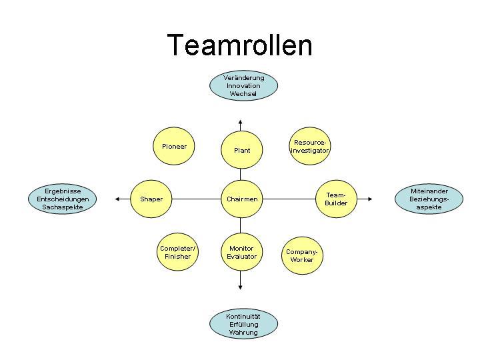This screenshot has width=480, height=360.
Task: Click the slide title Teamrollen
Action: coord(239,45)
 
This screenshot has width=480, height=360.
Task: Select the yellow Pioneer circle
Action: coord(174,146)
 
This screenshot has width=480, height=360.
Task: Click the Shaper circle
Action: coord(151,199)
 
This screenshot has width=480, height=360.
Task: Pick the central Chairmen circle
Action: coord(241,199)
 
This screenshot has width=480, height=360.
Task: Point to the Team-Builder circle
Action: coord(335,199)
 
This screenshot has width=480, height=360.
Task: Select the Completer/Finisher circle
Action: coord(177,252)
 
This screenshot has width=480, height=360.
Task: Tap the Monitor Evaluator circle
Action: coord(241,252)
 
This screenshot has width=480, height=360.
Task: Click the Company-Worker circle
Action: coord(301,255)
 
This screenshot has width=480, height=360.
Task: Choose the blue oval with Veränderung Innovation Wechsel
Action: coord(243,86)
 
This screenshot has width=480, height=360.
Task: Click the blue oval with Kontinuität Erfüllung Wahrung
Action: coord(243,324)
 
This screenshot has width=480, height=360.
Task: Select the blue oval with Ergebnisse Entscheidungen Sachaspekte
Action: coord(63,199)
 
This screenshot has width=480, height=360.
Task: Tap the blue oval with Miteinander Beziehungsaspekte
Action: coord(429,199)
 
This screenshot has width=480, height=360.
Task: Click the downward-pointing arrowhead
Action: coord(241,287)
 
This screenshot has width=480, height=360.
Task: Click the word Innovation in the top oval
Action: coord(243,86)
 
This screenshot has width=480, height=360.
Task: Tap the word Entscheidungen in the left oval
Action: coord(63,199)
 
